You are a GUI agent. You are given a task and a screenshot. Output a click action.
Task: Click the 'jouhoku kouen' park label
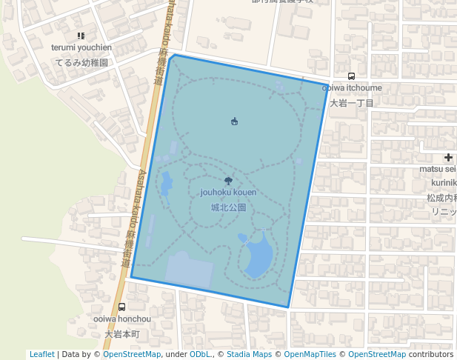228,193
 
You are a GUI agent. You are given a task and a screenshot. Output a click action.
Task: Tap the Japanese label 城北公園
228,208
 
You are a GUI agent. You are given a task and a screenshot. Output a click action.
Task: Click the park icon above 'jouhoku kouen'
228,181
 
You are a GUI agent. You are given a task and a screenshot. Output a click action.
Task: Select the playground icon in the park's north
234,121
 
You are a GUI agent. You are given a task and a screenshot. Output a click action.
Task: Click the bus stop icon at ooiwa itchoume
351,76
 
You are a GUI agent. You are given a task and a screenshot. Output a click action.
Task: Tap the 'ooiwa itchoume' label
352,87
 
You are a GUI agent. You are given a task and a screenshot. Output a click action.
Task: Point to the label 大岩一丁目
352,103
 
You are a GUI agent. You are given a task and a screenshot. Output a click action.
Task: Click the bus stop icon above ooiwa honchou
122,307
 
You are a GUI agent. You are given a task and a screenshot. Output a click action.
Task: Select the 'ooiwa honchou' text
122,319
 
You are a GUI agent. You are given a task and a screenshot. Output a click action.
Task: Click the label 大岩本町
122,334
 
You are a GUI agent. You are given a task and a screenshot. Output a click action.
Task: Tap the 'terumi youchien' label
81,47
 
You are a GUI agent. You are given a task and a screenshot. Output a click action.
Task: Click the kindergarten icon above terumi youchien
81,36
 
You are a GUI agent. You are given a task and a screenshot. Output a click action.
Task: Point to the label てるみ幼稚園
81,63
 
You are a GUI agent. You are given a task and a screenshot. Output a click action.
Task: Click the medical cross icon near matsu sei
448,157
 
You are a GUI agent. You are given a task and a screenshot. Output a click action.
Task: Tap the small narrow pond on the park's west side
166,182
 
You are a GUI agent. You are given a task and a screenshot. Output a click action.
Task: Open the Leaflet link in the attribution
41,354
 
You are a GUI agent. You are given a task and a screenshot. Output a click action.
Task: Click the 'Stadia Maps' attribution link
250,354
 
